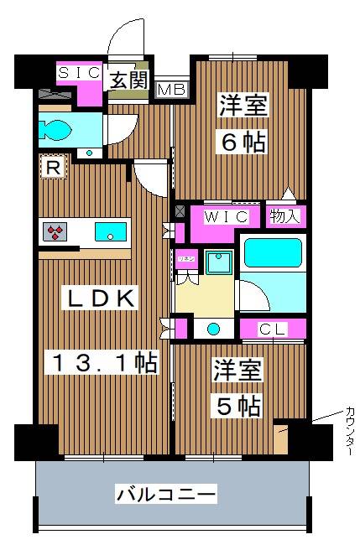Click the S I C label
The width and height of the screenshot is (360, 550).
click(78, 74)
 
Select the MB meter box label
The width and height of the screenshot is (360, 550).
click(171, 88)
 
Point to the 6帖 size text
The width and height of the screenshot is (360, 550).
click(243, 142)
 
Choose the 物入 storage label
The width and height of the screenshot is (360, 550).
click(285, 215)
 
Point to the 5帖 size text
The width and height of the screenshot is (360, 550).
click(237, 407)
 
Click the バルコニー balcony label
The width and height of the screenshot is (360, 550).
click(166, 494)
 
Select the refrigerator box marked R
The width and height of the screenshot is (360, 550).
click(52, 169)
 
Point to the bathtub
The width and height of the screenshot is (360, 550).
click(271, 253)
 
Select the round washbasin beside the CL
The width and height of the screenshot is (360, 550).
click(214, 329)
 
